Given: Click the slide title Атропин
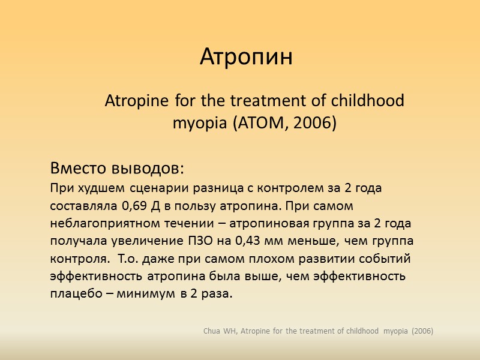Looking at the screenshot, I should [x=246, y=58].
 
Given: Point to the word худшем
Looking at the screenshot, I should [x=89, y=188].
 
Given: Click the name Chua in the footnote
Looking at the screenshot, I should [x=213, y=331].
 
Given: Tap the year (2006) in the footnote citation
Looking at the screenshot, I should [x=421, y=331].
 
